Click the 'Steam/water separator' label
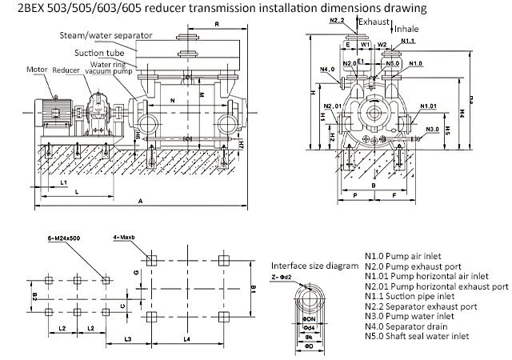coord(95,36)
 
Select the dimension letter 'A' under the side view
coord(141,201)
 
